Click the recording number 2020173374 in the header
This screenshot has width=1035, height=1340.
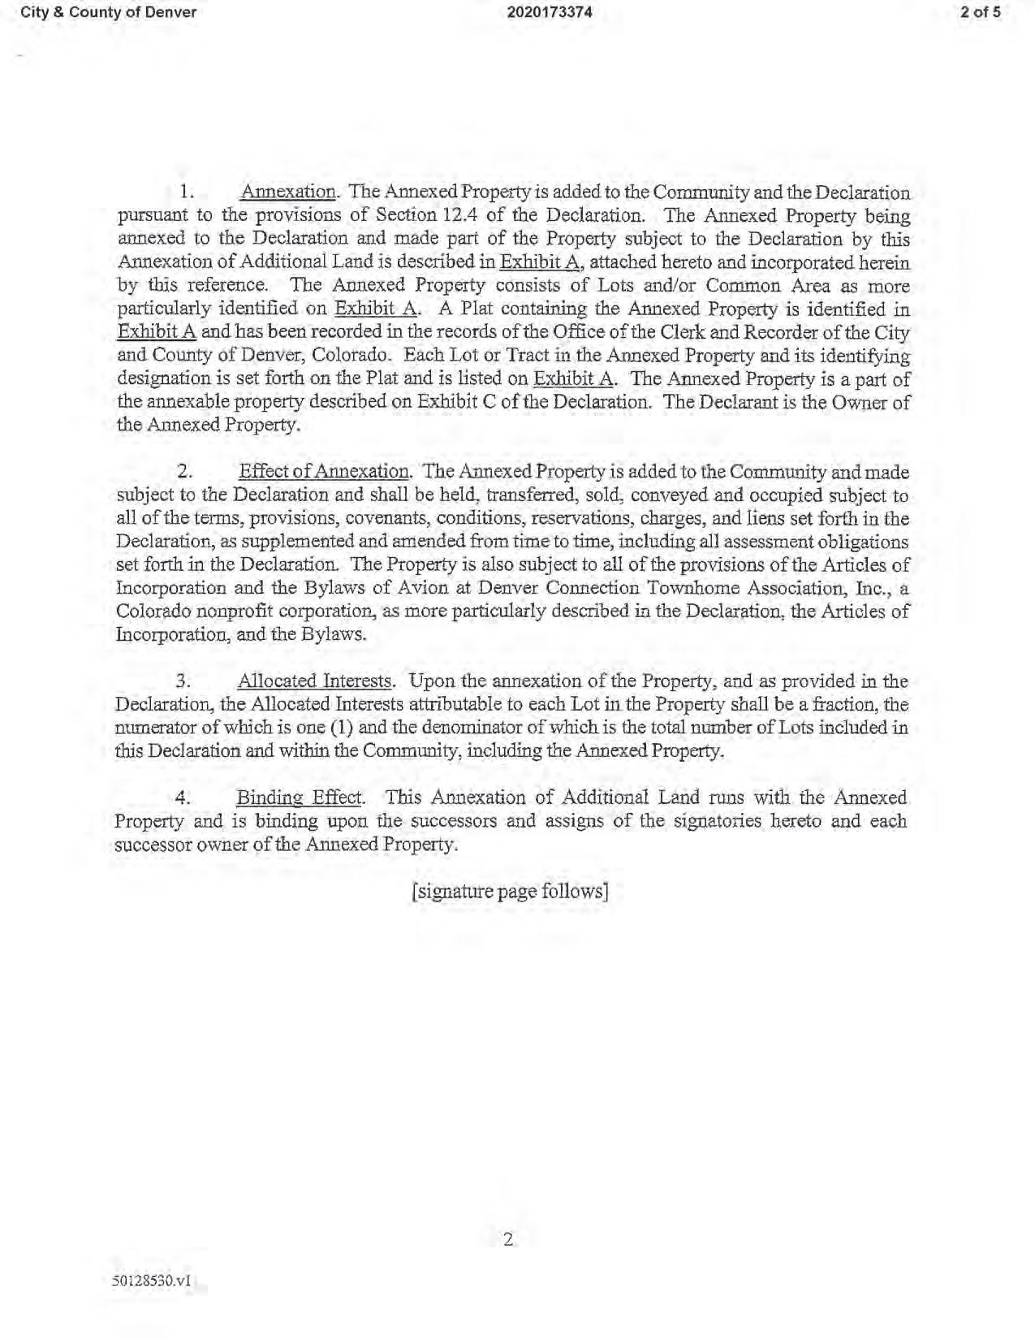[550, 12]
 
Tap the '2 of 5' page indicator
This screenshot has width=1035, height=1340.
[981, 12]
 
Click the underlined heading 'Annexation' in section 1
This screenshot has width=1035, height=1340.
[288, 192]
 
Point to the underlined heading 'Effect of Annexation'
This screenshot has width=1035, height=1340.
[323, 472]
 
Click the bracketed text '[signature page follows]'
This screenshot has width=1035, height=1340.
[510, 891]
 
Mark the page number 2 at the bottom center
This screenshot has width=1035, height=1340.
[509, 1239]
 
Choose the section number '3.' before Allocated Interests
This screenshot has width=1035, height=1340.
[183, 681]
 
